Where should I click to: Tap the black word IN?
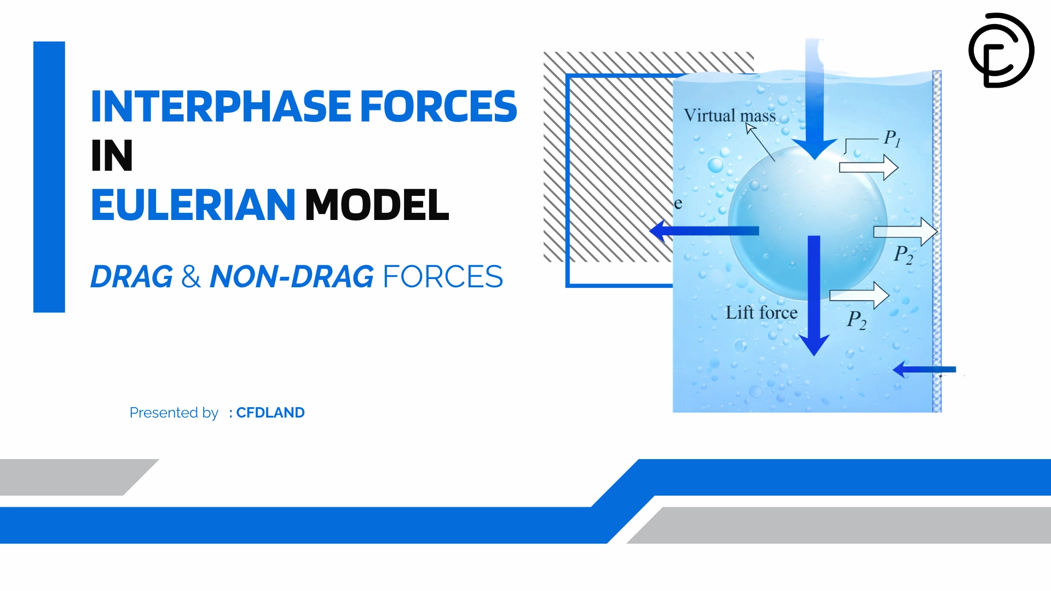[112, 155]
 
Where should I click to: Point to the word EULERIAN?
[193, 205]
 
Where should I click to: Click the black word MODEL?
[377, 205]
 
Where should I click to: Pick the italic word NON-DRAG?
[292, 276]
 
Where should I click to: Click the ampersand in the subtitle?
[191, 276]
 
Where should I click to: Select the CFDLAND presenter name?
[270, 413]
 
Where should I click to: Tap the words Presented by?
[174, 413]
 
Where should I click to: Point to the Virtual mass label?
[730, 115]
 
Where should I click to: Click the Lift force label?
[761, 312]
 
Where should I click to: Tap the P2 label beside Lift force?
[857, 320]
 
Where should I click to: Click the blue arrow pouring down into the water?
[815, 99]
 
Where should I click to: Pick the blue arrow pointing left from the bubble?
[704, 230]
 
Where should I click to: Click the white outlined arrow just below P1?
[869, 167]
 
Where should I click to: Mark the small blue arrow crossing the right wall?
[924, 369]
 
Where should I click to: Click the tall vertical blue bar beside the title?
[49, 177]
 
